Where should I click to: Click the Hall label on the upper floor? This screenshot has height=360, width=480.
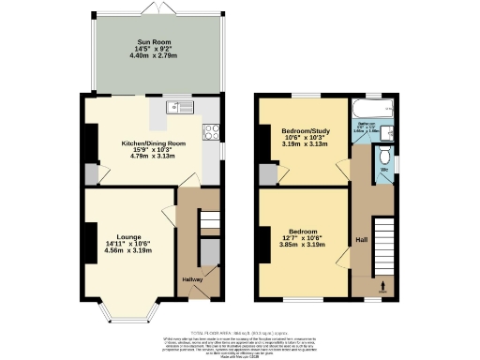pos(361,240)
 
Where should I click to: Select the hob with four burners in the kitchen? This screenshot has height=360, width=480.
pos(212,132)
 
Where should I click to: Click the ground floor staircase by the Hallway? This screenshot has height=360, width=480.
pos(210,222)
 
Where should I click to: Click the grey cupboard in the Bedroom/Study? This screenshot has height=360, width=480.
pos(268,174)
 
